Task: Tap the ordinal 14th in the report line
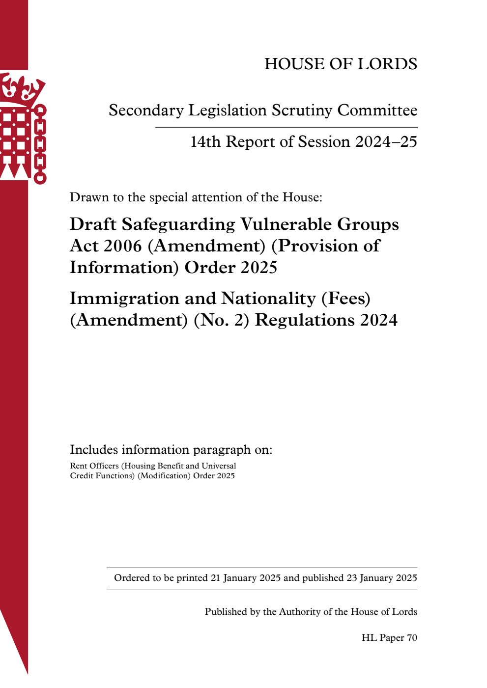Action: tap(205, 142)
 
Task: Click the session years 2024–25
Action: tap(386, 142)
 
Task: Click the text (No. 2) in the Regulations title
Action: tap(221, 320)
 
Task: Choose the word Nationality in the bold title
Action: tap(268, 299)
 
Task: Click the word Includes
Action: tap(94, 450)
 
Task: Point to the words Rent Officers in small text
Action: tap(94, 466)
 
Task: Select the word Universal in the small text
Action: tap(219, 466)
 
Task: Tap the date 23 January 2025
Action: tap(381, 578)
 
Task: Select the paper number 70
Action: tap(412, 638)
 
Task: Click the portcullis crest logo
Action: tap(22, 128)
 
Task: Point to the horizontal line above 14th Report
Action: tap(286, 128)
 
